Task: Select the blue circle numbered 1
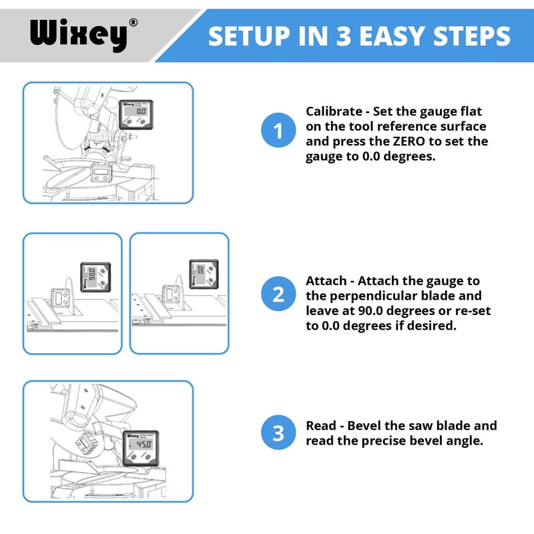point(278,131)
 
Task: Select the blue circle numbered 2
point(278,294)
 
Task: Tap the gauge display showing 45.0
point(141,445)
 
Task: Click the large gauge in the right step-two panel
point(199,274)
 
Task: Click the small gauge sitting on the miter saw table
point(101,174)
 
